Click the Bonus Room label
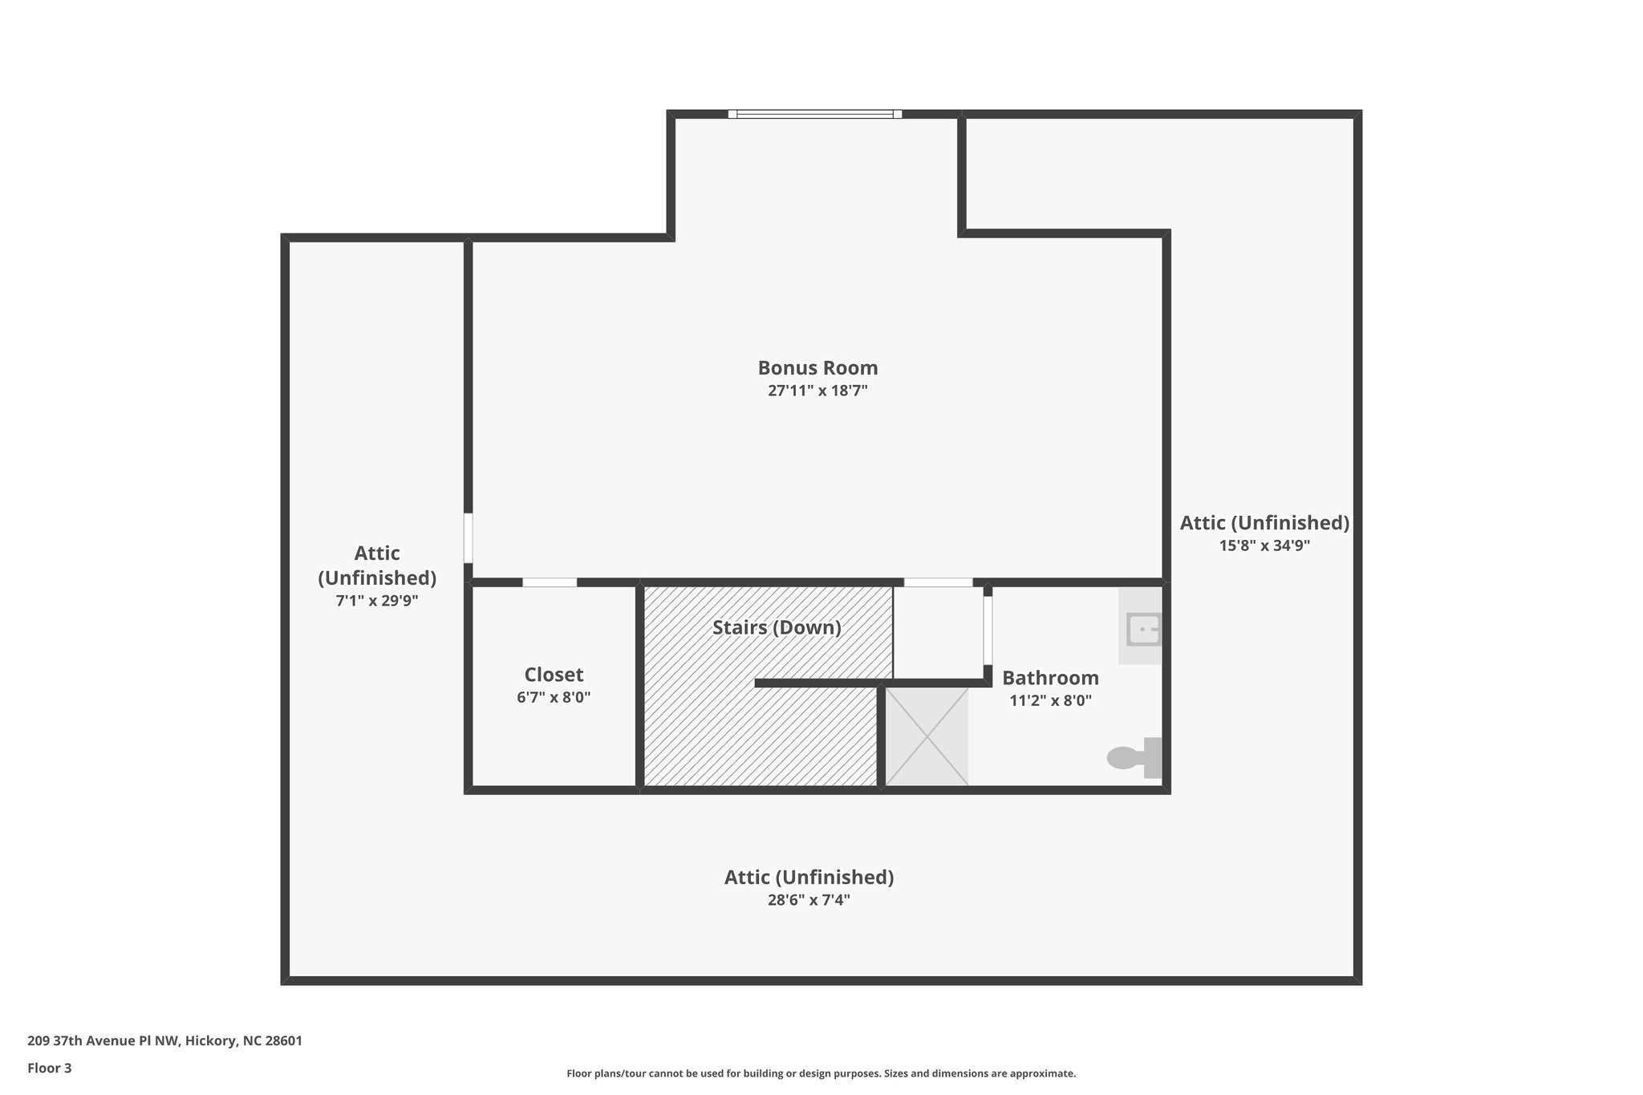[817, 368]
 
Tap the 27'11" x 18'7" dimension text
[817, 391]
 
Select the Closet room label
[554, 675]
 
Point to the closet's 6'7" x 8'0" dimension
[554, 698]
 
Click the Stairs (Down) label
[777, 627]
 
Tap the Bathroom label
[1050, 678]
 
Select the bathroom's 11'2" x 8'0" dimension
[1050, 701]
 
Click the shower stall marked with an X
[927, 736]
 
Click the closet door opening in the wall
[550, 582]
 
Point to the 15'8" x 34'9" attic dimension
[1264, 546]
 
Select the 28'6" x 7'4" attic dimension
[809, 900]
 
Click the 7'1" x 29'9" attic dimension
[377, 601]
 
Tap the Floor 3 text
[50, 1068]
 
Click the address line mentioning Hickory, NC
[164, 1041]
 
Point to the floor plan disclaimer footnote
[821, 1073]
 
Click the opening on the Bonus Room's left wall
[468, 538]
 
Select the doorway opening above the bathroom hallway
[938, 582]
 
